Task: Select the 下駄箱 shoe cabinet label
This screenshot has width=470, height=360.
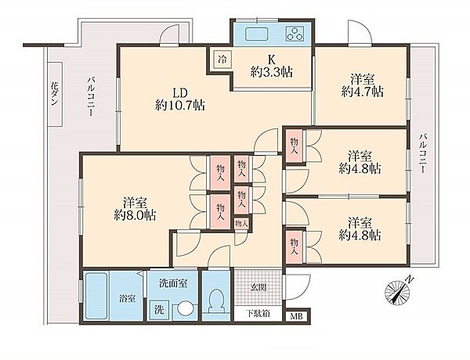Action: (258, 314)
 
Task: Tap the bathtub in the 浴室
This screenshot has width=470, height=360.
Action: (96, 296)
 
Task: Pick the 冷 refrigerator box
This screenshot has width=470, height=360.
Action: (222, 59)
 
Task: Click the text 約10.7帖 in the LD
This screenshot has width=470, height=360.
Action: (180, 105)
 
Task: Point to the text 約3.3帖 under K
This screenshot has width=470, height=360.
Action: (272, 73)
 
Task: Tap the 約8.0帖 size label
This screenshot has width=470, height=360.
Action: (135, 215)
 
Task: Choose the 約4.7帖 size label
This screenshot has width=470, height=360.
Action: (363, 92)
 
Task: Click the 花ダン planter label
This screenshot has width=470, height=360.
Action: (54, 93)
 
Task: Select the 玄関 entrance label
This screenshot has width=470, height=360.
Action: (258, 288)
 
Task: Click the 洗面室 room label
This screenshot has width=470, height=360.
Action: (173, 283)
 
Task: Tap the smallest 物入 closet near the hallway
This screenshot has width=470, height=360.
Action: (241, 223)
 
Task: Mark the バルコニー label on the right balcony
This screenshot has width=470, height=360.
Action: (423, 153)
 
